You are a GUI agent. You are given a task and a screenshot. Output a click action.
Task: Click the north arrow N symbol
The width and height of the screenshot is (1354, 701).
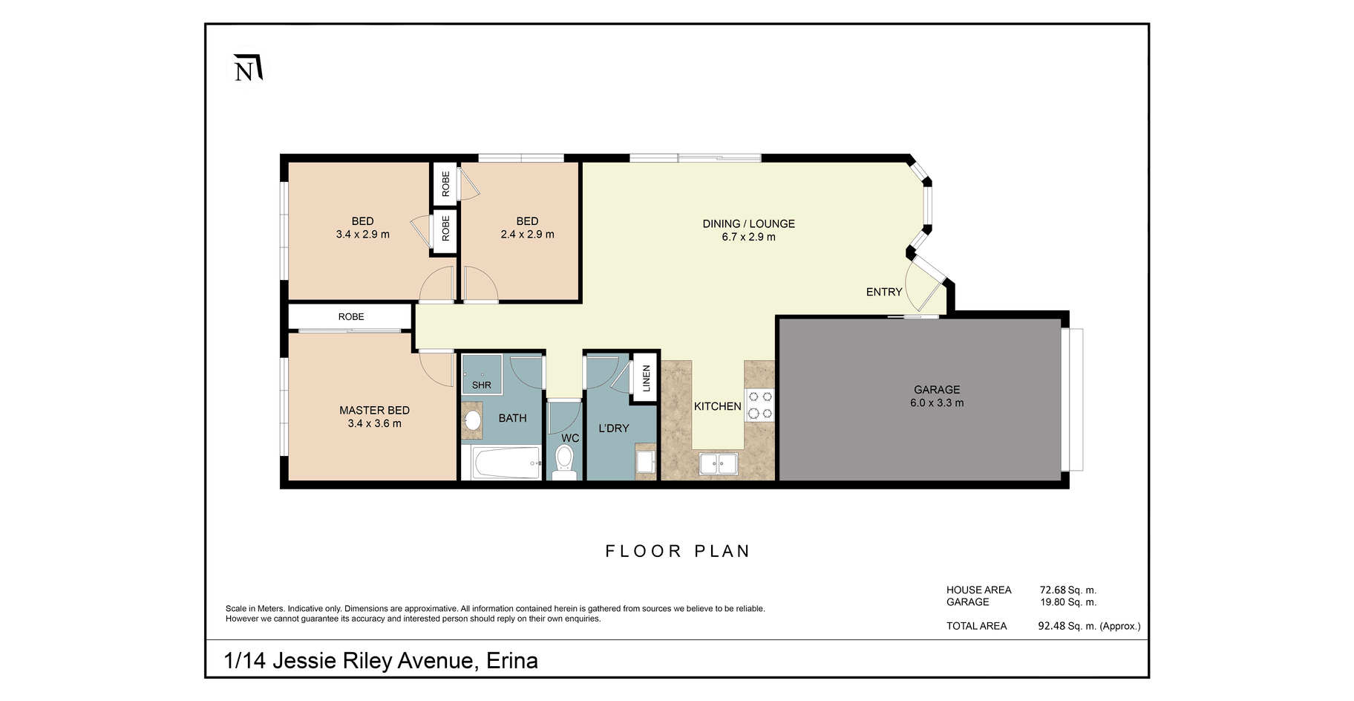[247, 68]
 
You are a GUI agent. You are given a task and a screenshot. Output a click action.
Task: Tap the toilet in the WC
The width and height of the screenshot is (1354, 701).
[565, 462]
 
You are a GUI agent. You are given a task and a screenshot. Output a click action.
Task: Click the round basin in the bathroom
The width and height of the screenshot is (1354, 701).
[472, 420]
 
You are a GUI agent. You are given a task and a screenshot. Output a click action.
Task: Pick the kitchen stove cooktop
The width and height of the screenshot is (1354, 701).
[759, 405]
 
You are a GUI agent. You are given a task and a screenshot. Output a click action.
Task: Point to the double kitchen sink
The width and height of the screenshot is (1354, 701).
[718, 465]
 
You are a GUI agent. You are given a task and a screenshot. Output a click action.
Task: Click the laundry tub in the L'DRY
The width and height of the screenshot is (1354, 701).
[646, 461]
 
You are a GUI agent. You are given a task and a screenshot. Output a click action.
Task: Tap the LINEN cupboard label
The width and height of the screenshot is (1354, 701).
[646, 379]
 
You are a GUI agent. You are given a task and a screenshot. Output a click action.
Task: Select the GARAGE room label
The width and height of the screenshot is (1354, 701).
[937, 390]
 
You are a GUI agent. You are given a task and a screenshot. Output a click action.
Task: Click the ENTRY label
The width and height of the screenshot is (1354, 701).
[884, 292]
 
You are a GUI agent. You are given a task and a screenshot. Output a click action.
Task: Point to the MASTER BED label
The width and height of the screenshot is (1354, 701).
[374, 411]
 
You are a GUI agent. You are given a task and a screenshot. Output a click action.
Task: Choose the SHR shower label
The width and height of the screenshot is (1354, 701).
[482, 385]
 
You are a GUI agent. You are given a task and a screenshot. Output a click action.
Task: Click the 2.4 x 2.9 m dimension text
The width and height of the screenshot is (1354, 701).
[527, 235]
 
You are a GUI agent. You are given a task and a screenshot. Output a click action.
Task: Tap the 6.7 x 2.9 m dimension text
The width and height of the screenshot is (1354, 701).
[748, 237]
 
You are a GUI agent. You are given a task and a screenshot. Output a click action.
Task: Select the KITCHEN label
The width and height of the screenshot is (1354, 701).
[718, 406]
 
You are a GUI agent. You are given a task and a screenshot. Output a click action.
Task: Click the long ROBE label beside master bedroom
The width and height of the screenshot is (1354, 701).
[351, 317]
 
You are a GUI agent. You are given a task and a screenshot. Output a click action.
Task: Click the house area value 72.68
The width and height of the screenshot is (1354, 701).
[1053, 590]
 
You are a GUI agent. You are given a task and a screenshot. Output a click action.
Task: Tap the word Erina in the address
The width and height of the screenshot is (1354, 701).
[512, 661]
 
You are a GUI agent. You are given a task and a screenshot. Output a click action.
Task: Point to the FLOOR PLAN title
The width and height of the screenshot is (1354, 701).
[678, 551]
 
